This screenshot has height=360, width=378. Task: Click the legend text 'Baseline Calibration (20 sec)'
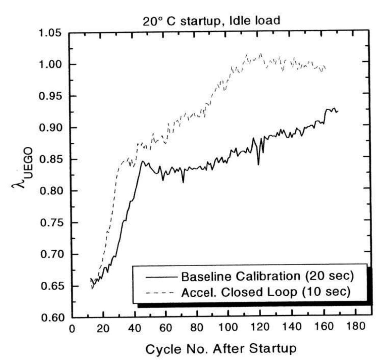[267, 277]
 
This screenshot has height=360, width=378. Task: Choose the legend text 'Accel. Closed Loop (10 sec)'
[267, 292]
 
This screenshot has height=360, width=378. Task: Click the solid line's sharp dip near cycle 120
[259, 164]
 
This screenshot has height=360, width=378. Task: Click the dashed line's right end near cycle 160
[326, 68]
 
